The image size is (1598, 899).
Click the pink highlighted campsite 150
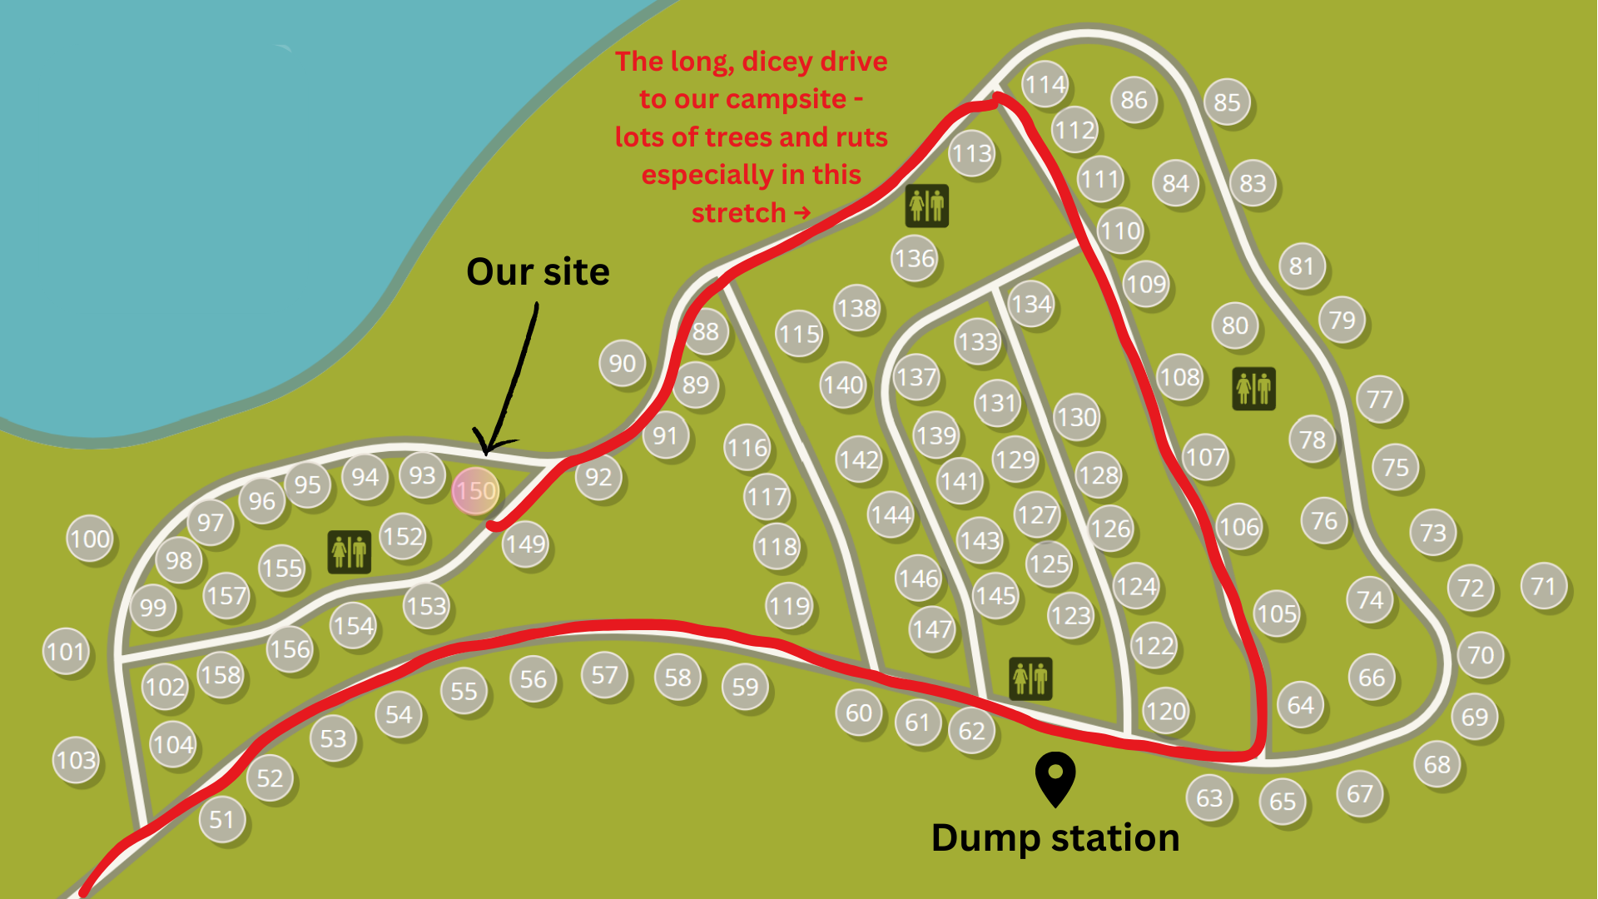(475, 490)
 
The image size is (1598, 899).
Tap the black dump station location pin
(1055, 777)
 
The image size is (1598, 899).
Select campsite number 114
(1045, 84)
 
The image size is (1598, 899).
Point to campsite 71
(1543, 586)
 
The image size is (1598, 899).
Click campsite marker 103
(76, 760)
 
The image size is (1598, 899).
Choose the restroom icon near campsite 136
(926, 206)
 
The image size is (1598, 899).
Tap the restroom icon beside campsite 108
(1253, 389)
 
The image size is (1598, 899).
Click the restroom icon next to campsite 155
(349, 552)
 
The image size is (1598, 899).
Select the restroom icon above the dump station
(1030, 678)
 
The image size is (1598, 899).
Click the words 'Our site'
(538, 272)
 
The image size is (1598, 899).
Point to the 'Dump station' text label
(1055, 837)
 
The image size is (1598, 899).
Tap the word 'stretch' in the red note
(738, 213)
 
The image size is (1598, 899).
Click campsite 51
(221, 820)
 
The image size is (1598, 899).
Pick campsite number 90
(622, 363)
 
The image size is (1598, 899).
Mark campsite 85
(1227, 102)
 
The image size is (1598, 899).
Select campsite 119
(789, 605)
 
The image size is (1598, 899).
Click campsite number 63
(1209, 798)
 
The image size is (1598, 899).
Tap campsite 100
(90, 539)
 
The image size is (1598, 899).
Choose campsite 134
(1031, 304)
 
